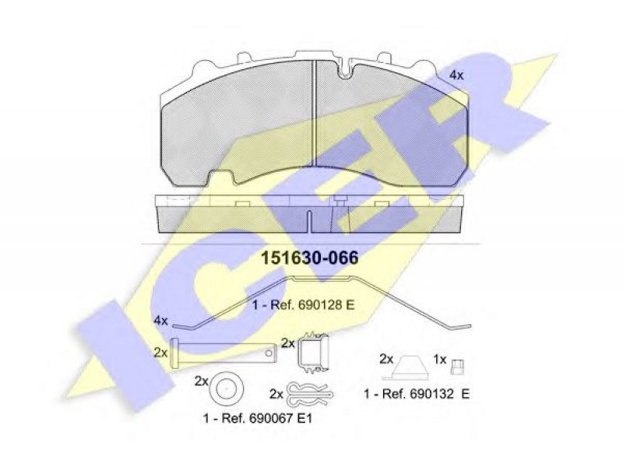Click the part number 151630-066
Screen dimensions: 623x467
(x=309, y=258)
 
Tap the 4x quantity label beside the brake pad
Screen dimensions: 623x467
(x=456, y=75)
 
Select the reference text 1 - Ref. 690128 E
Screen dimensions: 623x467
(x=304, y=305)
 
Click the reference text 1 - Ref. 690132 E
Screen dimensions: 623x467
(x=417, y=394)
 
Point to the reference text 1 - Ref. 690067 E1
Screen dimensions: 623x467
(x=258, y=418)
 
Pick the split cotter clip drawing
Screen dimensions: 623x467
(x=310, y=395)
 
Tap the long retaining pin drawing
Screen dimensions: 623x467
(x=224, y=353)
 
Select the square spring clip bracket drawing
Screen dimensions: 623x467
(x=314, y=353)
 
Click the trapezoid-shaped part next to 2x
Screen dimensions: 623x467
(x=411, y=367)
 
